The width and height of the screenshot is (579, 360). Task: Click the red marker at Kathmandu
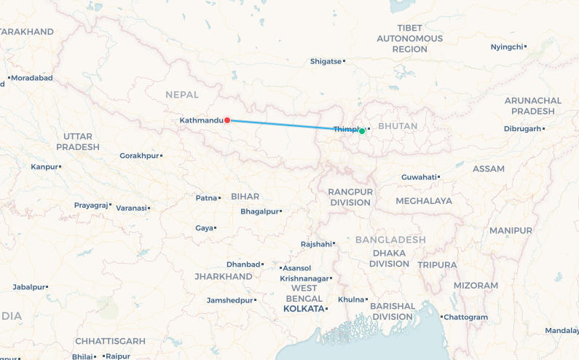click(x=227, y=120)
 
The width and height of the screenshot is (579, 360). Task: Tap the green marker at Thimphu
click(x=362, y=131)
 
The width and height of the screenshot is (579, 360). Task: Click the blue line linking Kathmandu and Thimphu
click(x=291, y=125)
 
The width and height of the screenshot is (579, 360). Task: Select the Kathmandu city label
click(x=201, y=120)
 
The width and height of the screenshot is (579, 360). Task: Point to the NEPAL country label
click(x=182, y=95)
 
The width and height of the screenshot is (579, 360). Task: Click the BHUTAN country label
click(x=399, y=126)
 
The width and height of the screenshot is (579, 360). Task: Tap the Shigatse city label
click(x=326, y=61)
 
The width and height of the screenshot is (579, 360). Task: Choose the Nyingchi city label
click(x=507, y=47)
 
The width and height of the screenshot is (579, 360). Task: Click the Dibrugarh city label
click(x=523, y=129)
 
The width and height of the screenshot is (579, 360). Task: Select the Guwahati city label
click(x=419, y=177)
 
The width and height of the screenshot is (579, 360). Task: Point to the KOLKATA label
click(x=303, y=309)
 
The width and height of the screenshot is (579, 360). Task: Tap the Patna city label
click(x=207, y=197)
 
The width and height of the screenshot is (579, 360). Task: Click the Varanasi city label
click(x=131, y=208)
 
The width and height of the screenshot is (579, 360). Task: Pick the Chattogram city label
click(x=466, y=317)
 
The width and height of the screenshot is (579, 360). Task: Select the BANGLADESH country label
click(x=390, y=240)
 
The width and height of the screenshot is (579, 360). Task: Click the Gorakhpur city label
click(x=138, y=156)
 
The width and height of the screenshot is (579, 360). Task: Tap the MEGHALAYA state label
click(x=424, y=200)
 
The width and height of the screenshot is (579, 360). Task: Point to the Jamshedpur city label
click(x=229, y=300)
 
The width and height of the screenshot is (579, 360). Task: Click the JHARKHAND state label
click(x=224, y=277)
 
